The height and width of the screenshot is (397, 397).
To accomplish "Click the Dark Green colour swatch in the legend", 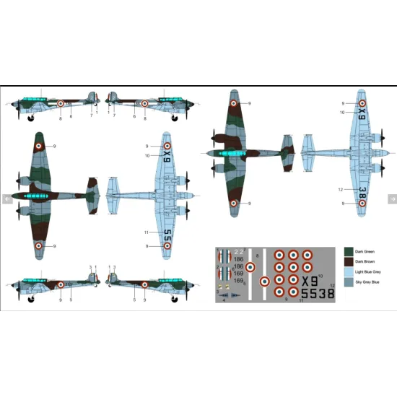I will (x=349, y=252).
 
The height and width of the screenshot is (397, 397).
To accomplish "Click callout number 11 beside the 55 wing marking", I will (x=146, y=232).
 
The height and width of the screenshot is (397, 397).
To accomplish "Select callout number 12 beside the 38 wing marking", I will (x=340, y=190).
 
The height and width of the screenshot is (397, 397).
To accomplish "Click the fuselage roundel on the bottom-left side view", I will (x=61, y=287).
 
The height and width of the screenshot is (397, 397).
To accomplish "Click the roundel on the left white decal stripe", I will (x=250, y=267).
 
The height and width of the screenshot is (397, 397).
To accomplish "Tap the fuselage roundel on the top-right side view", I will (x=144, y=103).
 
